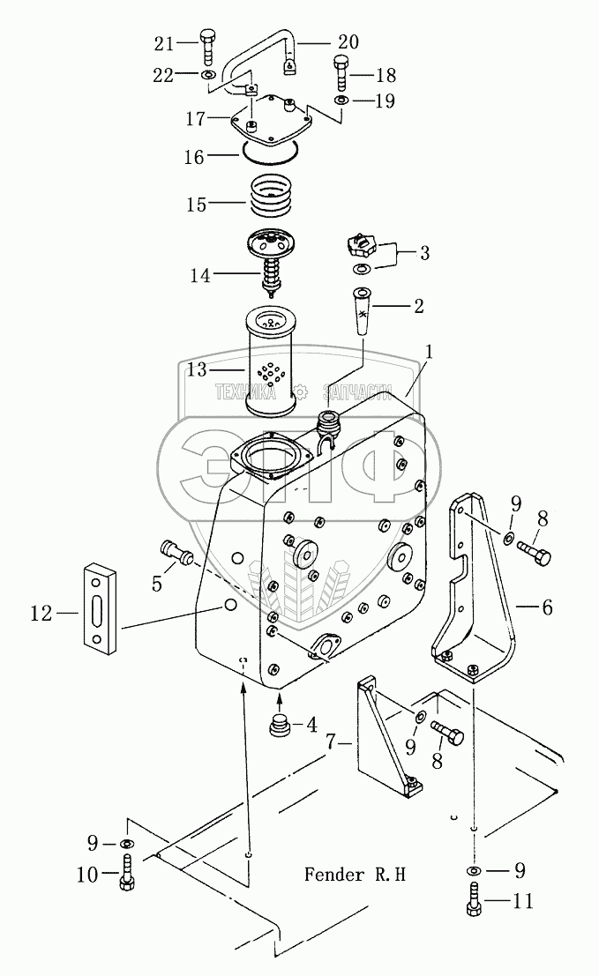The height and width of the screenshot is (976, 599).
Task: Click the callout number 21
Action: (164, 42)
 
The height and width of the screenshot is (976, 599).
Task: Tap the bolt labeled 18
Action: (341, 73)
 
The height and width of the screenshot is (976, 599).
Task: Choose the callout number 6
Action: (547, 607)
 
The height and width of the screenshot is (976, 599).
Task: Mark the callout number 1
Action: (429, 352)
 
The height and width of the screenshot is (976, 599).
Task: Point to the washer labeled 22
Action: (208, 75)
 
